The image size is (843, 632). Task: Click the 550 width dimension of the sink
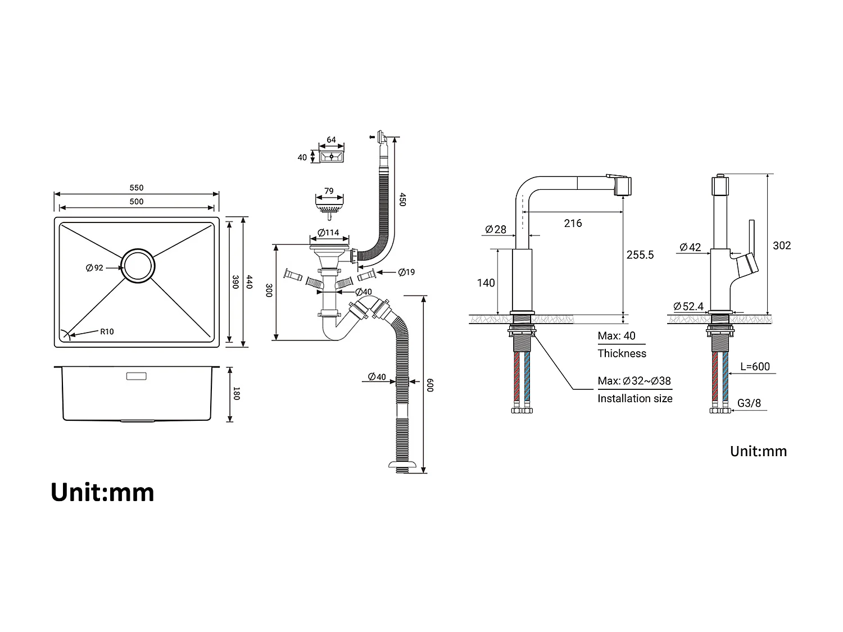coord(136,188)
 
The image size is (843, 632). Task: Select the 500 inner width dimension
coord(136,202)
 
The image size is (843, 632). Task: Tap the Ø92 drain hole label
coord(94,268)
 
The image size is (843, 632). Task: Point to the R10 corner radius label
coord(107,331)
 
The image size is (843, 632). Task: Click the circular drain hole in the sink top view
coord(137,265)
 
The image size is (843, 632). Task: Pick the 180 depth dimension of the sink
coord(237,394)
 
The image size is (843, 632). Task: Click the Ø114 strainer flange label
coord(328,233)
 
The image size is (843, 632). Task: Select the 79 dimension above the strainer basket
coord(329,191)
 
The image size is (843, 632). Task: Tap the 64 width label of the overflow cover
coord(331,140)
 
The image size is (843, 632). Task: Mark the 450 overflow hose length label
coord(402,199)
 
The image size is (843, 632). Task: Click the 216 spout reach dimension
coord(573,223)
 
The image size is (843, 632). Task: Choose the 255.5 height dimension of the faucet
coord(640,254)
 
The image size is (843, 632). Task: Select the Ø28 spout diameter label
coord(495,229)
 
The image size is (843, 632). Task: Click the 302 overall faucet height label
coord(782,245)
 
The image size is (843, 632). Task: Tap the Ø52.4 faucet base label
coord(688,306)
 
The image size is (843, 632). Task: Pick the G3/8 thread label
coord(749,403)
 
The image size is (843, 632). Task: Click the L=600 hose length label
coord(755,366)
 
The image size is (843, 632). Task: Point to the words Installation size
coord(634,398)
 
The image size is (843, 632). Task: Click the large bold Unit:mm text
coord(102,492)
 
